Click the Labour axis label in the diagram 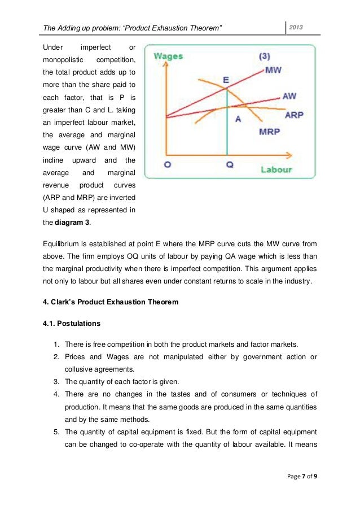276,169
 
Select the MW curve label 274,71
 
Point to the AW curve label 289,97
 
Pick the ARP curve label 295,115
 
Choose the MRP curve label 270,132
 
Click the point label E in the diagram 226,80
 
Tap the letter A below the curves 238,119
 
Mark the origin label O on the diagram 168,164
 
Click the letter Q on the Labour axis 229,165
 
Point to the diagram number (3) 266,56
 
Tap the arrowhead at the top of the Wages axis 164,64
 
